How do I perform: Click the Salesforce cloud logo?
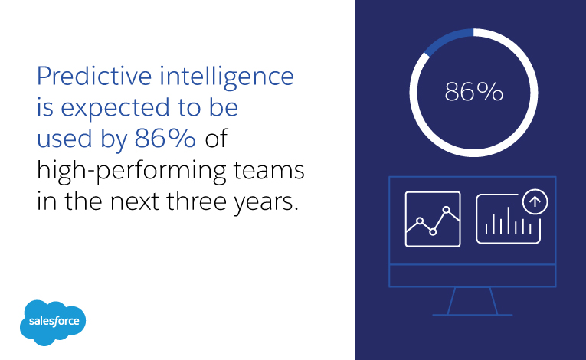click(53, 322)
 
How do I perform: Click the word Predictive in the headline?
click(94, 76)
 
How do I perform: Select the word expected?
click(114, 109)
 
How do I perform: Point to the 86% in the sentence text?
click(165, 139)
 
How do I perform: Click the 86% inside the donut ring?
click(474, 92)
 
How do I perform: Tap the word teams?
click(269, 171)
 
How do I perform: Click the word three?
click(197, 201)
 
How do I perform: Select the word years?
click(266, 203)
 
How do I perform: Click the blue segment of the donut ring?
click(447, 40)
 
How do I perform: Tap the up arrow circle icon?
click(535, 201)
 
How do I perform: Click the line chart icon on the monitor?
click(433, 219)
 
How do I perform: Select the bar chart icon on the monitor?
click(509, 219)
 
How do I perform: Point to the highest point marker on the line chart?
click(447, 210)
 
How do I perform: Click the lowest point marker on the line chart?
click(433, 232)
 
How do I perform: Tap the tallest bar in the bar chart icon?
click(509, 220)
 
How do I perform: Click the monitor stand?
click(473, 301)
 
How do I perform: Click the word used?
click(64, 139)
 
